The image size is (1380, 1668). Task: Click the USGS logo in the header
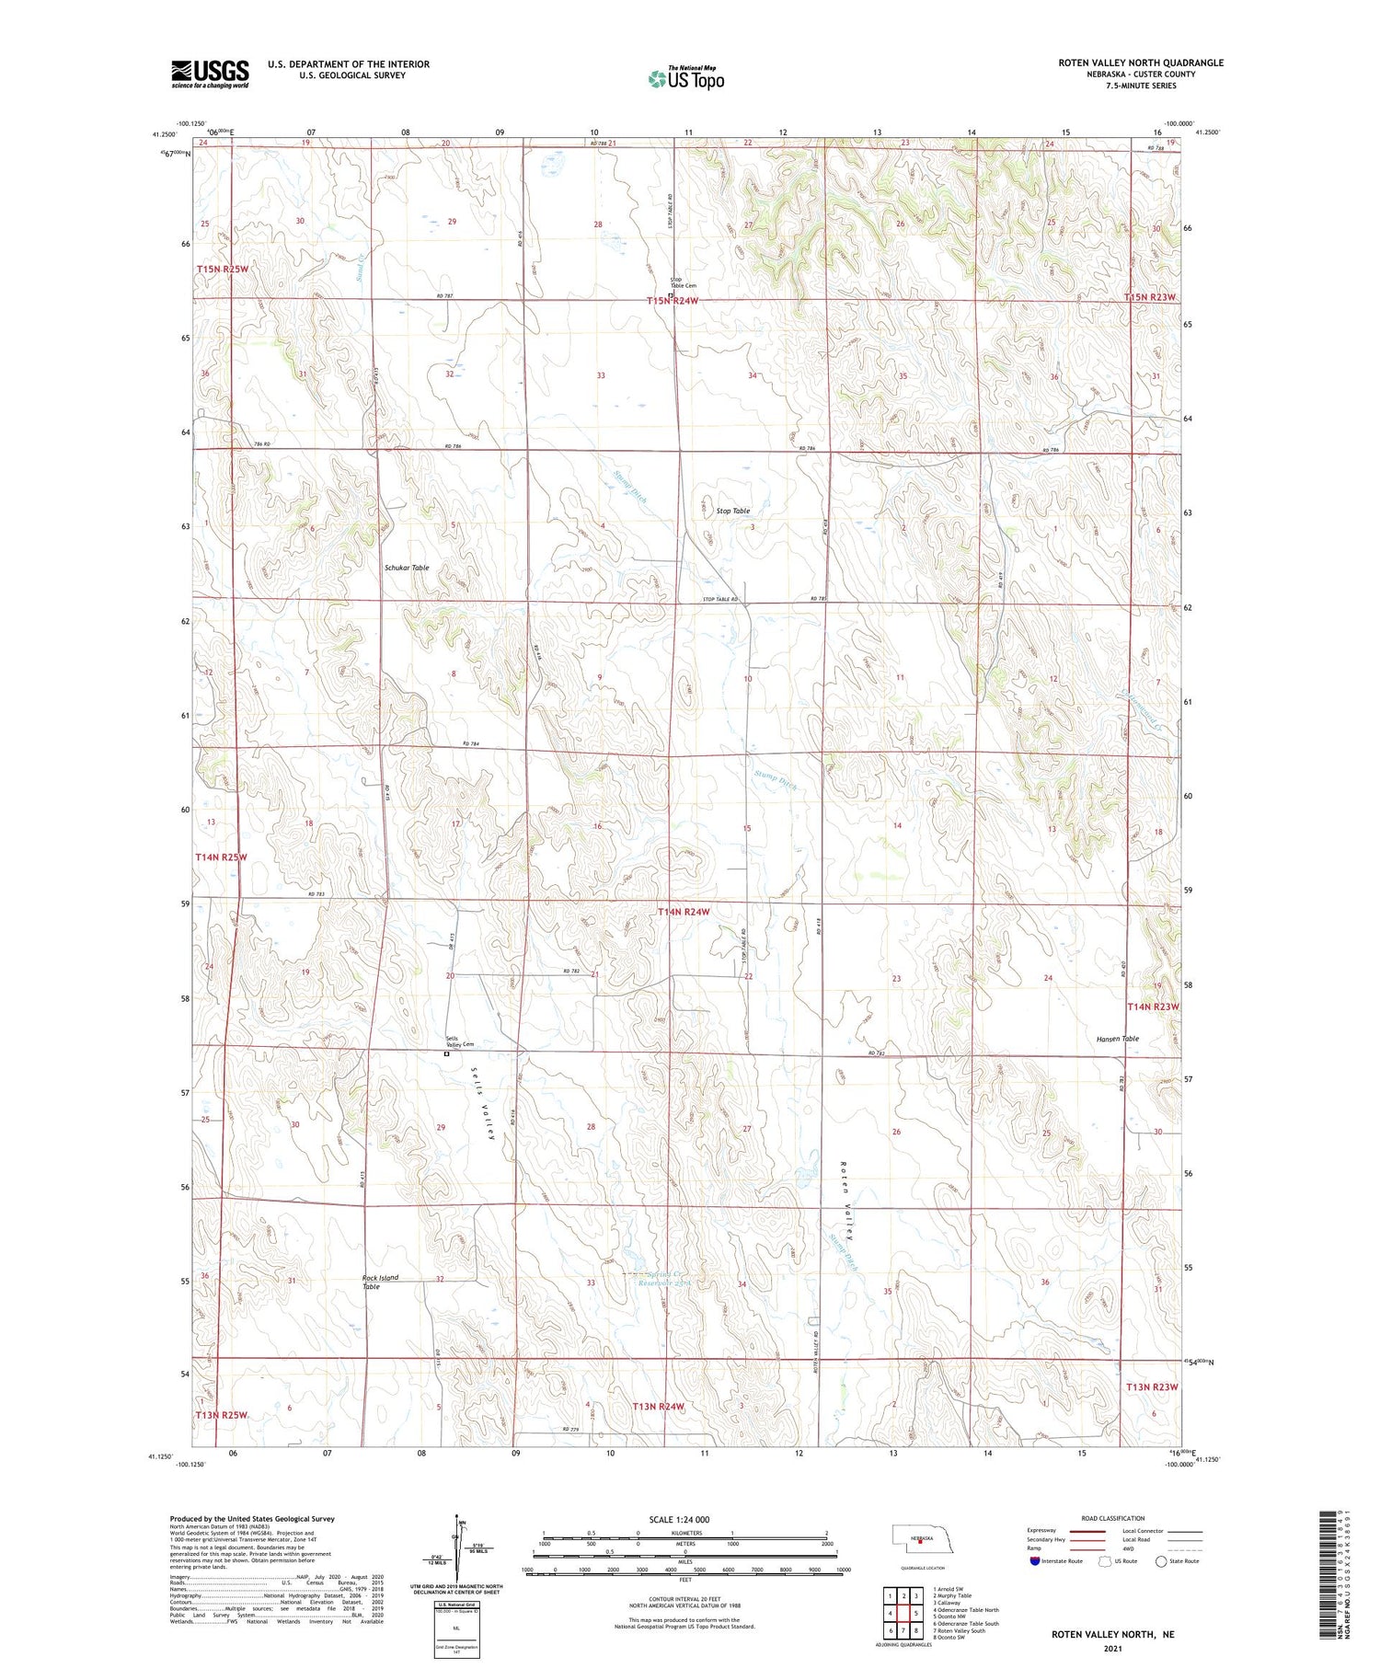(x=210, y=74)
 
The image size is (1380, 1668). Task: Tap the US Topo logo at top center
(x=686, y=79)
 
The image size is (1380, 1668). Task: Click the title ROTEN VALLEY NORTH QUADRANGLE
(x=1140, y=63)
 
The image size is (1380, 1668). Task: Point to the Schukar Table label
(x=407, y=568)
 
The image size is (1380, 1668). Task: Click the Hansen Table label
(x=1117, y=1039)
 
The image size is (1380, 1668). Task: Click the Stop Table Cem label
(x=683, y=282)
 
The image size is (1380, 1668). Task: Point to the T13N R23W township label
(x=1151, y=1386)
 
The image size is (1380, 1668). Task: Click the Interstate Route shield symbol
(x=1035, y=1561)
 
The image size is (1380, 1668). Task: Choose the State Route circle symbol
(x=1161, y=1561)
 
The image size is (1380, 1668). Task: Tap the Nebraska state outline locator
(x=917, y=1538)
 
